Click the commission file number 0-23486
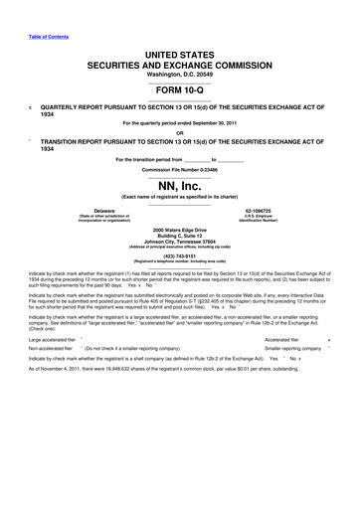pyautogui.click(x=180, y=168)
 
